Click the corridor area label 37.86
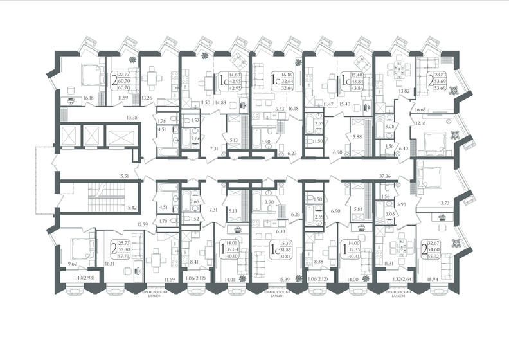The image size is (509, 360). click(387, 174)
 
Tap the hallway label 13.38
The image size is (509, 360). click(133, 118)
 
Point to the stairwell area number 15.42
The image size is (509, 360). click(132, 207)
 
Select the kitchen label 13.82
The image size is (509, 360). click(404, 91)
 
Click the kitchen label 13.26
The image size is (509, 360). click(147, 98)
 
